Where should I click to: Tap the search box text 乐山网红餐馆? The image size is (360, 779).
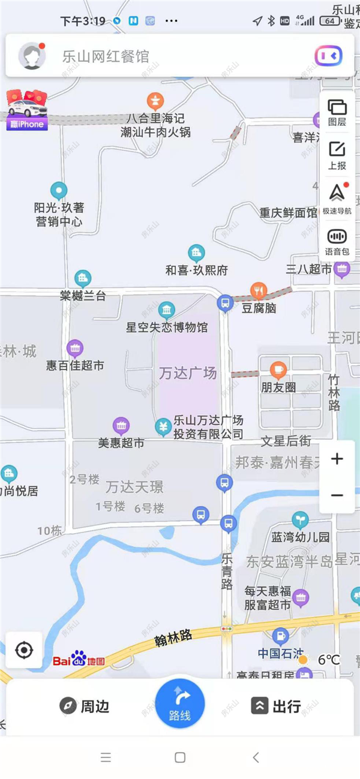coord(106,57)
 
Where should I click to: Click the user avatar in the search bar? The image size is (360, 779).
coord(32,56)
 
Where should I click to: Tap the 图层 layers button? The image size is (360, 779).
coord(337,112)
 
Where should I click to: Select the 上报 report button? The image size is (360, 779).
coord(337,155)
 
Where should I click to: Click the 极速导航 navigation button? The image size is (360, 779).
coord(337,198)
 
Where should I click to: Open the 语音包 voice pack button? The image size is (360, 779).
coord(337,242)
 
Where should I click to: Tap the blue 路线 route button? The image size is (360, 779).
coord(180,703)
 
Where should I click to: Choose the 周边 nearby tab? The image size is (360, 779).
coord(85,706)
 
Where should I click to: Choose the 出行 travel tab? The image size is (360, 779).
coord(276,706)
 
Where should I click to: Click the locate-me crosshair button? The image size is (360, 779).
coord(24,650)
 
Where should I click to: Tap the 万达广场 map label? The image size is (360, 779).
coord(188,373)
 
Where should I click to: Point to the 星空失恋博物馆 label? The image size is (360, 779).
coord(167,327)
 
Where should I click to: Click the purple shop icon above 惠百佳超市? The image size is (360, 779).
coord(75,348)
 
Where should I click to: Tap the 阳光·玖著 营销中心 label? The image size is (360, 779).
coord(59,215)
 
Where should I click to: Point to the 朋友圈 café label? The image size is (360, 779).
coord(278,387)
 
